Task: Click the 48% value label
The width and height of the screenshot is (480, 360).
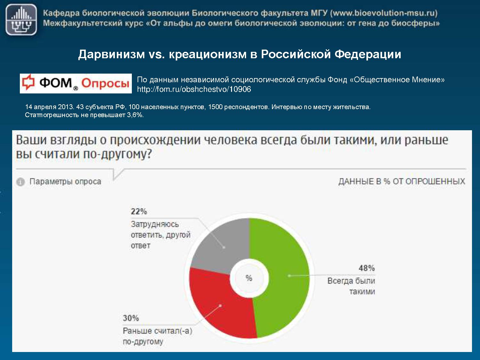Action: (366, 268)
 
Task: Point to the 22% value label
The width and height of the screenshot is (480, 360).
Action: (139, 212)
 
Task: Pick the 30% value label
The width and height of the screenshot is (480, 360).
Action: (131, 318)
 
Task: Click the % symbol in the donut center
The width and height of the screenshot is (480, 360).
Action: (249, 278)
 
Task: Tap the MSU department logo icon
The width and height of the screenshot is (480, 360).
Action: (21, 20)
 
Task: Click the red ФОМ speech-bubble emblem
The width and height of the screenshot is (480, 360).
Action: (28, 83)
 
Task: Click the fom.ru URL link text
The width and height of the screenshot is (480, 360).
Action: (194, 89)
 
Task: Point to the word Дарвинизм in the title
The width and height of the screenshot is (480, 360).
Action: (112, 54)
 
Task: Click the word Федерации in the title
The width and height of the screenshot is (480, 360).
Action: (368, 54)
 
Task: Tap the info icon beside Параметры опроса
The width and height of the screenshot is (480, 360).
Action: (20, 182)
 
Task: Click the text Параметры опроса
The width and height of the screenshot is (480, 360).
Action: (65, 182)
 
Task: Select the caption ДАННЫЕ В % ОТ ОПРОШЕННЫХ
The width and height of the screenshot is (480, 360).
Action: (402, 181)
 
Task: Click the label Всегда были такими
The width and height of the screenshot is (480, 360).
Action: (351, 286)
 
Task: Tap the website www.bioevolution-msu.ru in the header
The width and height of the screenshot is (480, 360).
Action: (384, 13)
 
